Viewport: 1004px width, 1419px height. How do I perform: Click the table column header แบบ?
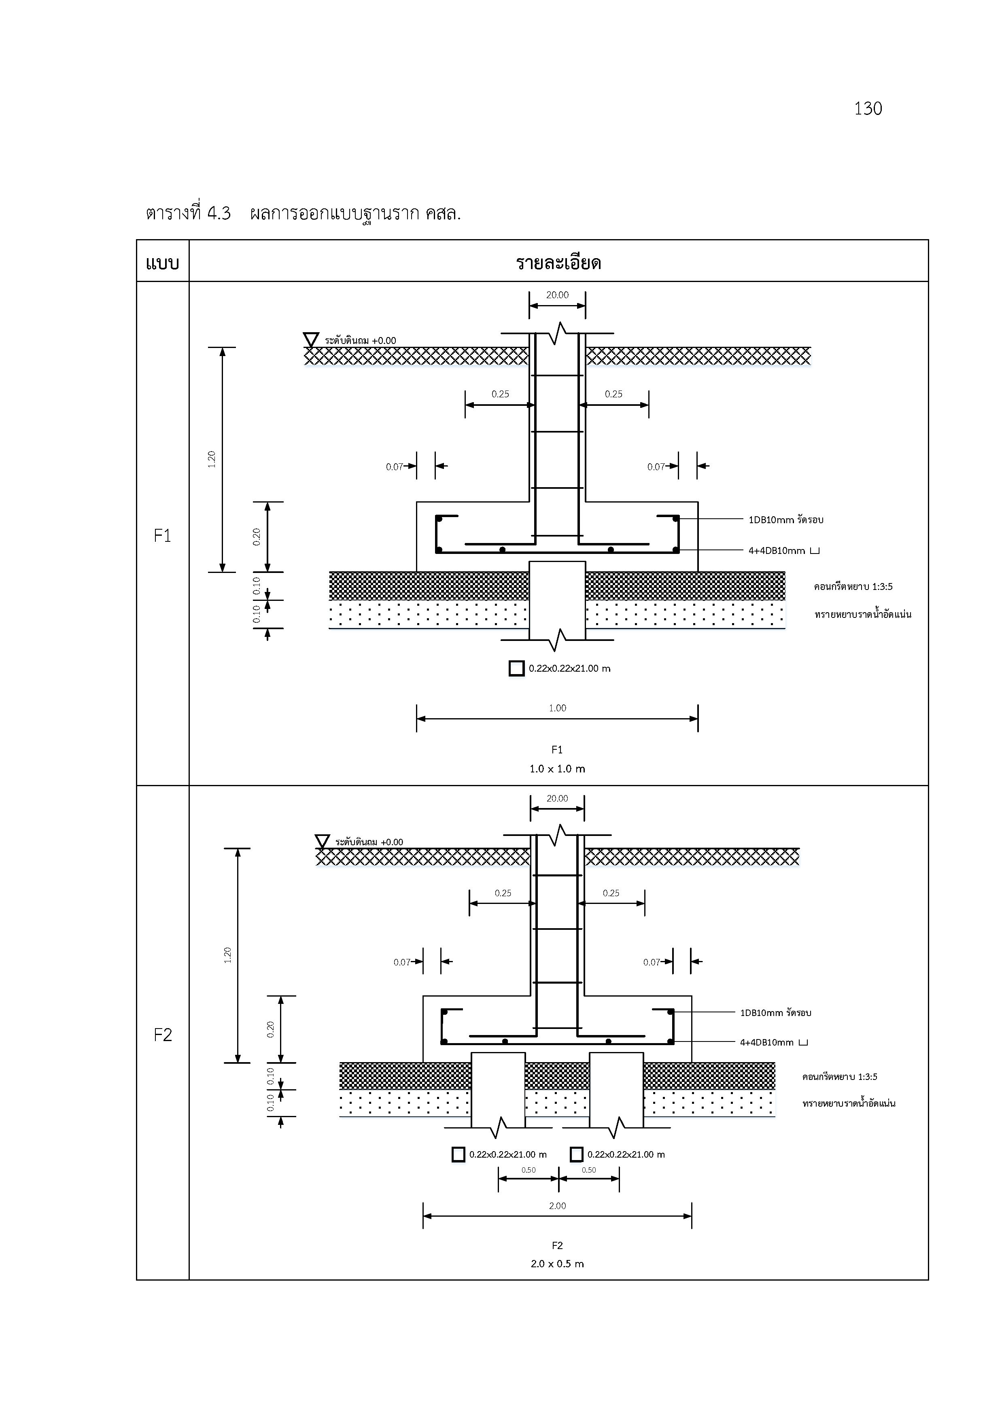coord(163,264)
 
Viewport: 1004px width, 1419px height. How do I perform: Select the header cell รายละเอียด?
coord(558,263)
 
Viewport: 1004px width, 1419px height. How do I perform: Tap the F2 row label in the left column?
coord(163,1035)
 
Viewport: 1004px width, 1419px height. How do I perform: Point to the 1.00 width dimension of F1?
coord(557,708)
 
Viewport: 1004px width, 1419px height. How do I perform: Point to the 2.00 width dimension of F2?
coord(557,1206)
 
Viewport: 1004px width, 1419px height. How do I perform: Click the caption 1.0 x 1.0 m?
coord(557,769)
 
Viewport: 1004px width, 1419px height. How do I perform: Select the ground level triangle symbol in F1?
coord(310,340)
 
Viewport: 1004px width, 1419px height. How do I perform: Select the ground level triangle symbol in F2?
coord(322,842)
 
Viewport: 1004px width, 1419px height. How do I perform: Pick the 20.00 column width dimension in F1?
coord(557,295)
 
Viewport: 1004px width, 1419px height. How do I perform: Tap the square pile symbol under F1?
coord(516,668)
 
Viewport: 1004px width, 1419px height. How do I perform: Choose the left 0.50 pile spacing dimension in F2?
coord(529,1170)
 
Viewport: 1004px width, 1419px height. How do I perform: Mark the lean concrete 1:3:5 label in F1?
coord(853,587)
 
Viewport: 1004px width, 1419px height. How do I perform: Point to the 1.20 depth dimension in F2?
coord(227,955)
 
